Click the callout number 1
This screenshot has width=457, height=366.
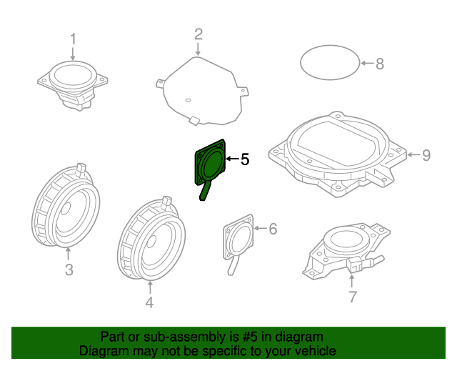point(72,39)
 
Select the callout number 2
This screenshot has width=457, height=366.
point(199,34)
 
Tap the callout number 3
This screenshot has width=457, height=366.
point(69,269)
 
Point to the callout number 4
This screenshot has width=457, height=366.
point(149,302)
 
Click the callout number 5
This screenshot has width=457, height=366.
point(244,159)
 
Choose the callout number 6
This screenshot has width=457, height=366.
point(272,229)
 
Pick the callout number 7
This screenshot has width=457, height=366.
point(352,297)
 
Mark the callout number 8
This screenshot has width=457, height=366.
point(379,64)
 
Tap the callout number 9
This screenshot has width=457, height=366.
point(426,154)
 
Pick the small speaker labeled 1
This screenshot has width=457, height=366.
point(73,82)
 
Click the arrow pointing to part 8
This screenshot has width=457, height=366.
point(365,64)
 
